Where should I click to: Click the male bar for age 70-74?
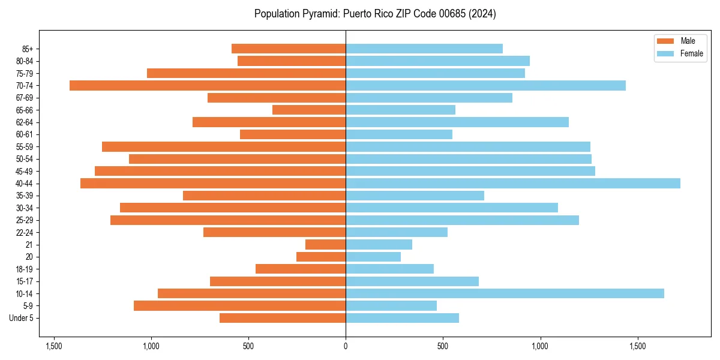tap(208, 86)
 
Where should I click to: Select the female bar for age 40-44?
tap(513, 184)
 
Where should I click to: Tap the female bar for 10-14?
tap(505, 293)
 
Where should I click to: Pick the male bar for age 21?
tap(325, 245)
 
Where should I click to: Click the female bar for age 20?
tap(373, 257)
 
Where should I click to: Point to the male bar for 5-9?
tap(239, 306)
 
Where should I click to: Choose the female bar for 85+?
tap(424, 49)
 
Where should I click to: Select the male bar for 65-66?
tap(309, 110)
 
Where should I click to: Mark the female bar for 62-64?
tap(457, 122)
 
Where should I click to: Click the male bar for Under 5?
tap(283, 318)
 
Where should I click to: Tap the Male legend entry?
tap(688, 41)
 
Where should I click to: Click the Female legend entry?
tap(691, 53)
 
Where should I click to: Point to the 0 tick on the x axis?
tap(346, 346)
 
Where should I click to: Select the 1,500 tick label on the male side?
tap(54, 346)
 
